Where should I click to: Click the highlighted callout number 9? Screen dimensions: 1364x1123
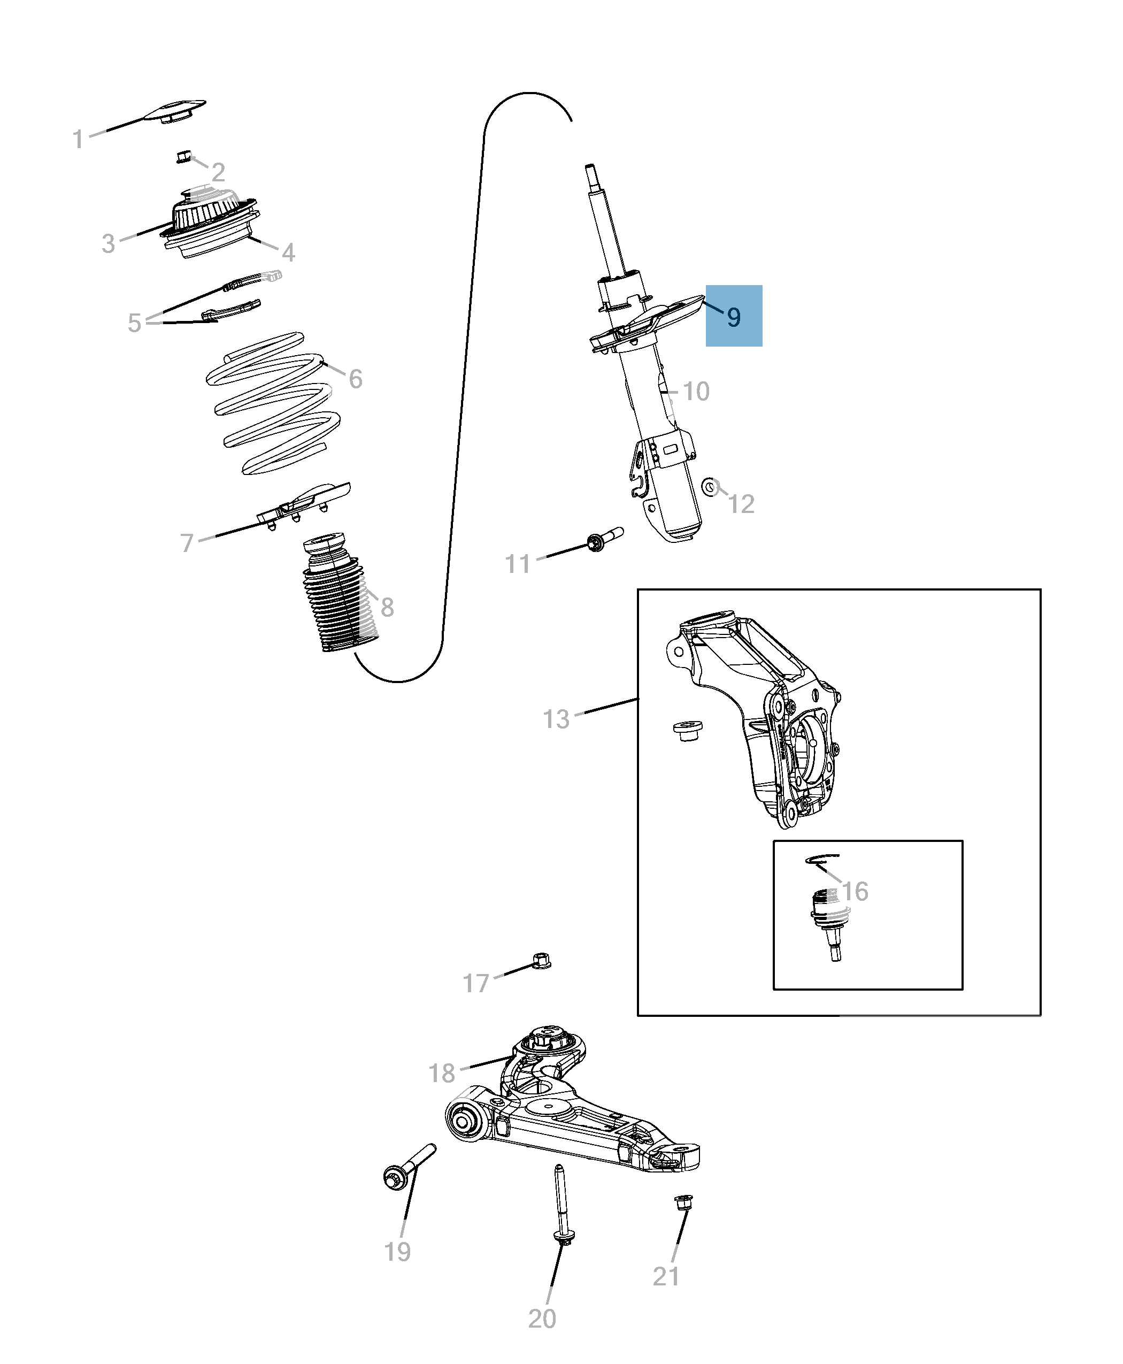pos(733,317)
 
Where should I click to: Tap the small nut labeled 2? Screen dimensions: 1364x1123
pos(184,157)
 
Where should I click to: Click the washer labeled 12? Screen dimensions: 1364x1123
pos(710,487)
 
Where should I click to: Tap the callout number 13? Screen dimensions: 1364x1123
pos(556,719)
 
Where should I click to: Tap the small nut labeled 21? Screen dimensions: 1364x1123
pos(683,1201)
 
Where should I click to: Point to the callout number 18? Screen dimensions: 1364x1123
pos(442,1074)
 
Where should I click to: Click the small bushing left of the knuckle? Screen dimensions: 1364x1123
pos(688,731)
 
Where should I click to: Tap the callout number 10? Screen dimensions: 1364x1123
pos(696,392)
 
